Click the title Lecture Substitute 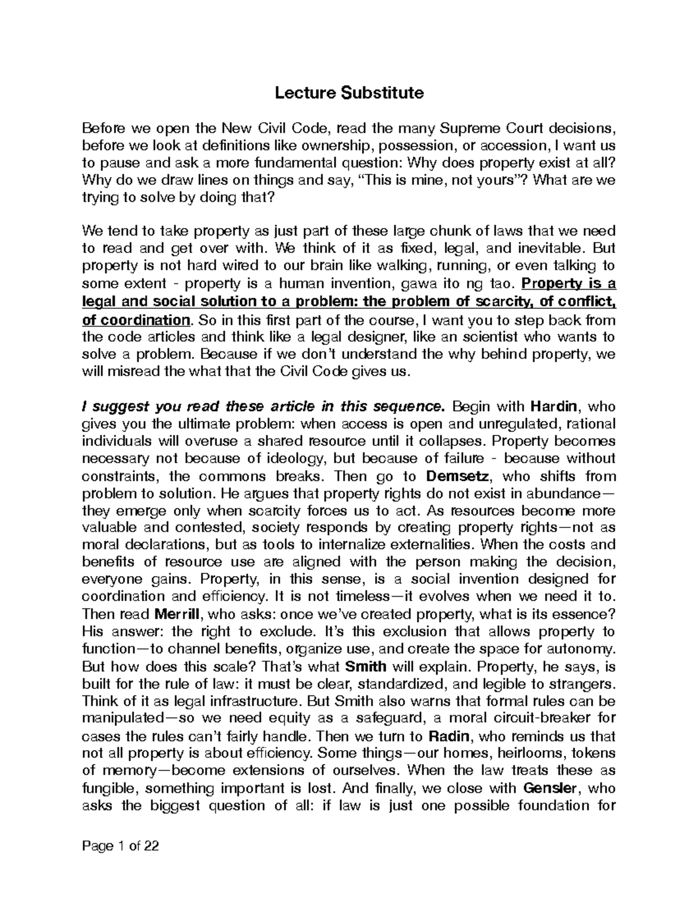coord(349,92)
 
